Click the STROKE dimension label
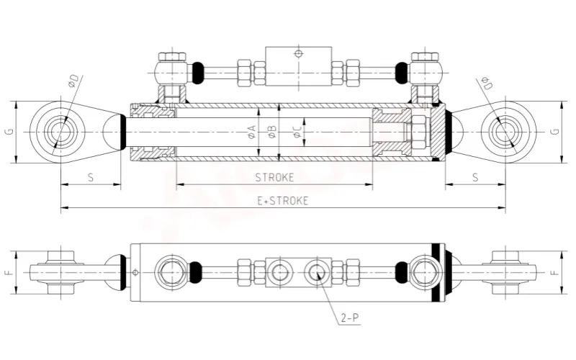[x=275, y=177]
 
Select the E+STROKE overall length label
[x=282, y=201]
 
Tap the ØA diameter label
[x=252, y=132]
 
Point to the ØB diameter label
[x=272, y=132]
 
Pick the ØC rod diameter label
[x=297, y=132]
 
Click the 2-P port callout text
[x=349, y=318]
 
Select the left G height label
[x=10, y=132]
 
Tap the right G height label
[x=555, y=132]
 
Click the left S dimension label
[x=91, y=177]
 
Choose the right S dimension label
[x=475, y=177]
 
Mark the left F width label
[x=10, y=272]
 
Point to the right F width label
[x=555, y=272]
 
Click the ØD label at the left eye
[x=73, y=81]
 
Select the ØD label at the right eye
[x=487, y=84]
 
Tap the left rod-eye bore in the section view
[x=58, y=132]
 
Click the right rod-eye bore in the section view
[x=509, y=132]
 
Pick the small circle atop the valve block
[x=298, y=54]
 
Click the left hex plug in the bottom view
[x=170, y=272]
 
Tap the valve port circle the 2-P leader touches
[x=317, y=272]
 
